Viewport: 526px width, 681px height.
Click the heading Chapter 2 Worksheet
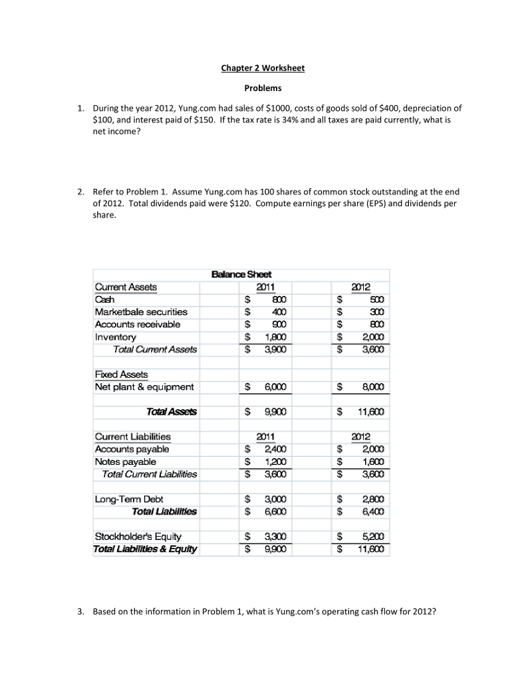point(263,68)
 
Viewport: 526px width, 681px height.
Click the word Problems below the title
point(263,88)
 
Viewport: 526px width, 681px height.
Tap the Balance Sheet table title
point(241,274)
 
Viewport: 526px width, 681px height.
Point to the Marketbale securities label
point(142,311)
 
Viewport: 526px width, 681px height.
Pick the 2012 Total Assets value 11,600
point(369,412)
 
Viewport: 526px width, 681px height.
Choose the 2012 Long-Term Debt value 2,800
point(372,499)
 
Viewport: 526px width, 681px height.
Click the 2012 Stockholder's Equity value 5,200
point(372,536)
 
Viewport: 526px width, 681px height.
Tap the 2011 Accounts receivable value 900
point(279,324)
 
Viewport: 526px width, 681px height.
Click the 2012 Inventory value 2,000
point(372,337)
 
